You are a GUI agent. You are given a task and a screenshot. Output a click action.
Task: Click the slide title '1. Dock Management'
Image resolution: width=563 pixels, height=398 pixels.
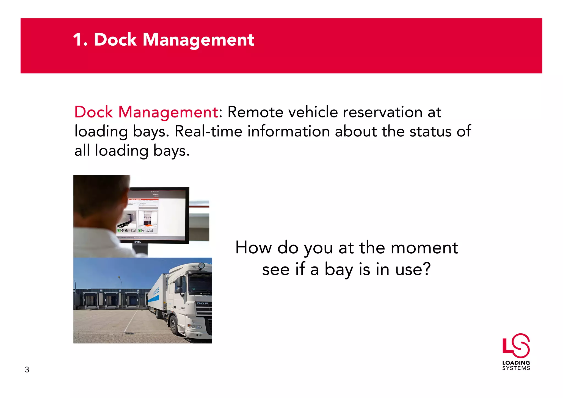point(164,40)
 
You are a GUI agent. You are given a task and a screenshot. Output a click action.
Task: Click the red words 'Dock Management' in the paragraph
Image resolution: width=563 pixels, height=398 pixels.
point(146,112)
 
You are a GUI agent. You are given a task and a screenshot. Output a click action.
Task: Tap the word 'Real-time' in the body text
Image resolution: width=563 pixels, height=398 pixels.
point(208,131)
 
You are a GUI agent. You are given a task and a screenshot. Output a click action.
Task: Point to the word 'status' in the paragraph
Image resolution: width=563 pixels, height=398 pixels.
point(430,131)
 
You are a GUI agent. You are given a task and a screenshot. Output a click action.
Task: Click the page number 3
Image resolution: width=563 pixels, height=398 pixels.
point(27,370)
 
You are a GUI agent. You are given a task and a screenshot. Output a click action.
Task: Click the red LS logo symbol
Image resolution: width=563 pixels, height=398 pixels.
point(516,345)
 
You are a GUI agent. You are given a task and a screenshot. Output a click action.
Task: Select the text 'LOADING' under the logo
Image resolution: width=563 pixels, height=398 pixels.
point(516,363)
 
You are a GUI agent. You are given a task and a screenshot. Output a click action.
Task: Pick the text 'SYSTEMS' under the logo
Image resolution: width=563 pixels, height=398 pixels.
point(516,368)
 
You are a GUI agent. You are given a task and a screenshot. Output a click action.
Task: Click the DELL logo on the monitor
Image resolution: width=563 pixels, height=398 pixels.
point(137,242)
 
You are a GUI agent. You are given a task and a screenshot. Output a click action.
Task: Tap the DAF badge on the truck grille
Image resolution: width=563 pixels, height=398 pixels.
point(202,303)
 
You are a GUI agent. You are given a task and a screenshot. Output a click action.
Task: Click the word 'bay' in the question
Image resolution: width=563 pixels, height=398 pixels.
point(338,270)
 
